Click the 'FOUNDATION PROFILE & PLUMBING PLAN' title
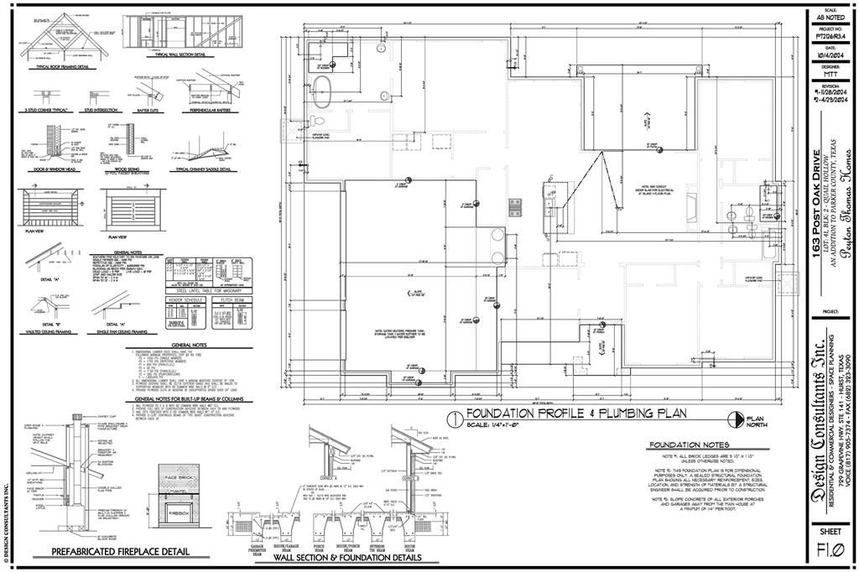(x=576, y=413)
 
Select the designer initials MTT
(x=830, y=73)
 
